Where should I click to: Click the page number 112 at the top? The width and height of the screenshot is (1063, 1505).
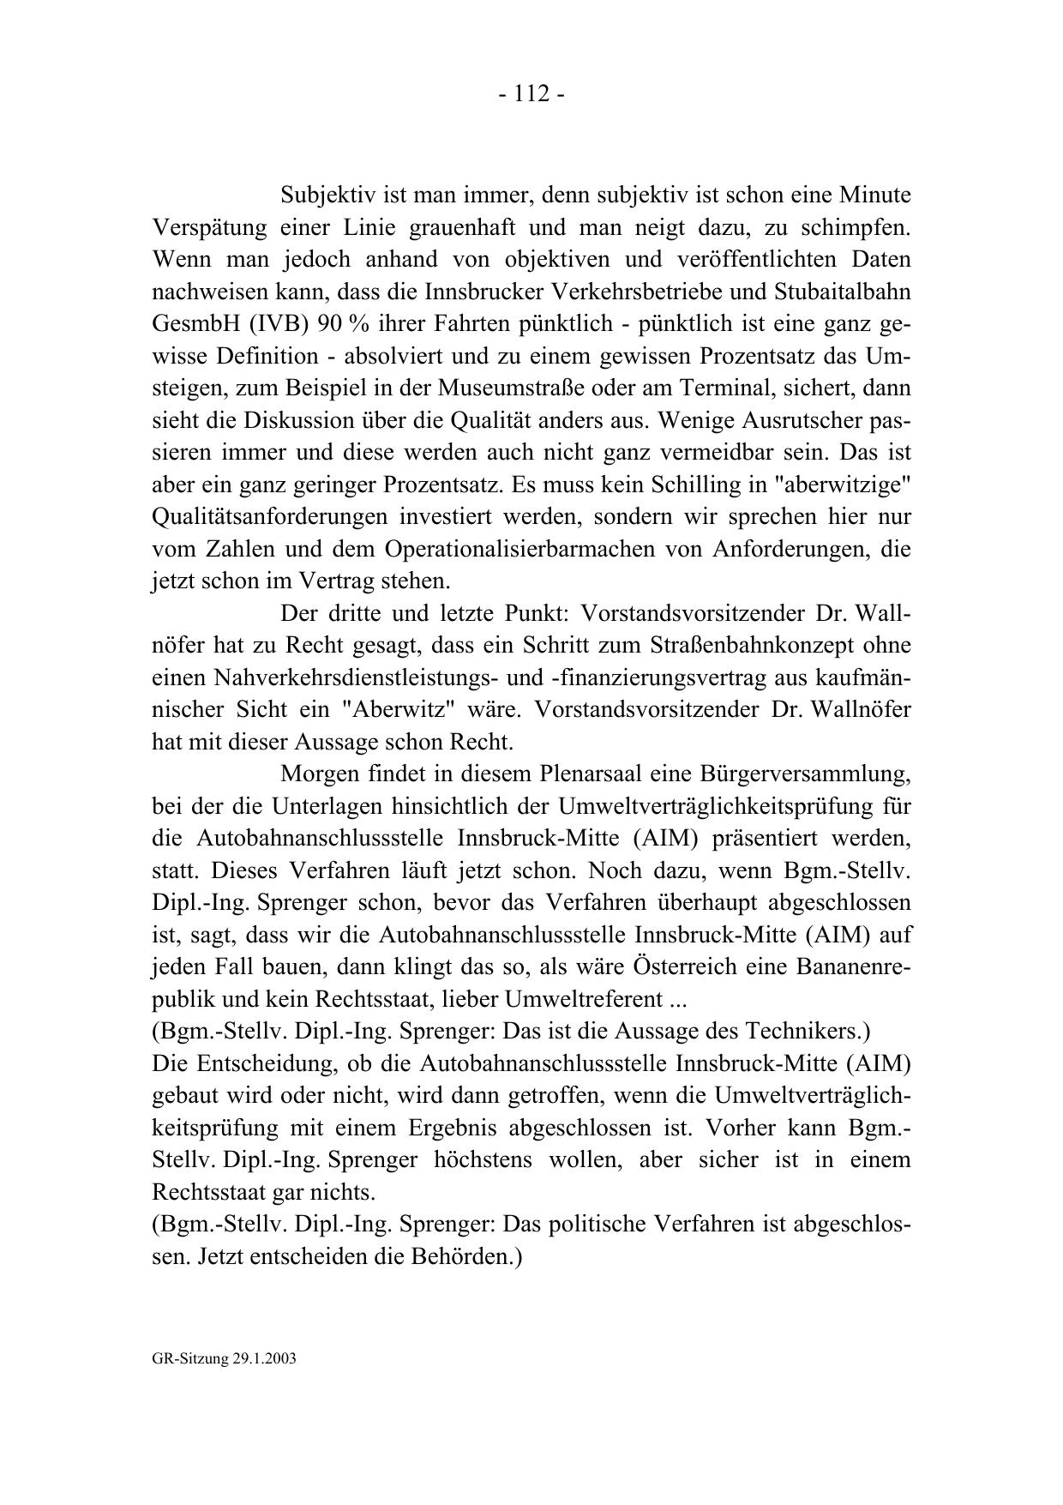(531, 94)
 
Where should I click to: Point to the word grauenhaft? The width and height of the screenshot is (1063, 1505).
(459, 228)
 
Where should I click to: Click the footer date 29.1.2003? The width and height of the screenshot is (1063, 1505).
(264, 1359)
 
